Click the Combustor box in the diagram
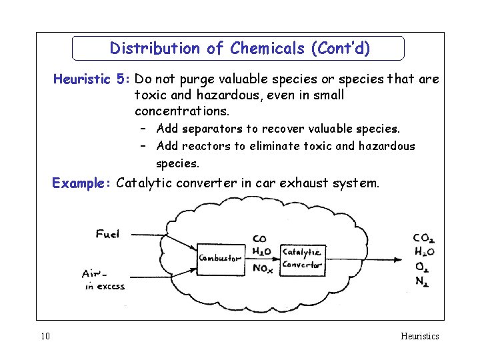[219, 258]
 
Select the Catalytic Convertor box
[302, 258]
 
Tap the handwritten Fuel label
[108, 234]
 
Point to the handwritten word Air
[92, 273]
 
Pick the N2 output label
[421, 281]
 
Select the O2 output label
[421, 267]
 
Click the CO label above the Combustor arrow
[259, 239]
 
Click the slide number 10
[45, 336]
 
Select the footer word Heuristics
[419, 336]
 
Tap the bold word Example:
[82, 183]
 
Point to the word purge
[199, 79]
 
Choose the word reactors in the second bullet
[205, 146]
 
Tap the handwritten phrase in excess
[105, 287]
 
